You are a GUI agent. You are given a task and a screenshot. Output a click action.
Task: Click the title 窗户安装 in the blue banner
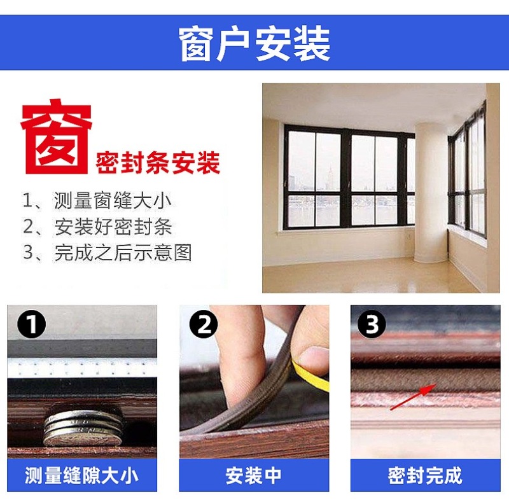point(254,44)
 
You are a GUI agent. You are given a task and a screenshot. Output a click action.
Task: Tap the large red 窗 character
point(57,136)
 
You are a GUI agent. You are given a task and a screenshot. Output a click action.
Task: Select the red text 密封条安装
point(158,163)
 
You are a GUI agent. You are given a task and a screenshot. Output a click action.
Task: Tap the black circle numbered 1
point(31,324)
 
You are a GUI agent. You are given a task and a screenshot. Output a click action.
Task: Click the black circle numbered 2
point(204,324)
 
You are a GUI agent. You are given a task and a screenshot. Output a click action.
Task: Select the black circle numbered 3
point(372,324)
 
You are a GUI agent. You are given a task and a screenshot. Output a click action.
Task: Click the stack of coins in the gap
point(84,428)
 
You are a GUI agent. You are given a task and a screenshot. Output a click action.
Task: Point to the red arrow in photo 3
point(412,397)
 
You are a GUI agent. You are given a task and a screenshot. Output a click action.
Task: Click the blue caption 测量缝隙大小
point(82,475)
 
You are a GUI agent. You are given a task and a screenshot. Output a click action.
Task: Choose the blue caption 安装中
point(253,475)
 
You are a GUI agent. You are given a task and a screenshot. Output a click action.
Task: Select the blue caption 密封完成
point(425,475)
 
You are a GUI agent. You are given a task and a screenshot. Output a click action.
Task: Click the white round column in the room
point(431,192)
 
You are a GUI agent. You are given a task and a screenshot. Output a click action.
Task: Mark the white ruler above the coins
point(82,368)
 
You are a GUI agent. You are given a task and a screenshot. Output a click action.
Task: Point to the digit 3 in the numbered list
point(28,253)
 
